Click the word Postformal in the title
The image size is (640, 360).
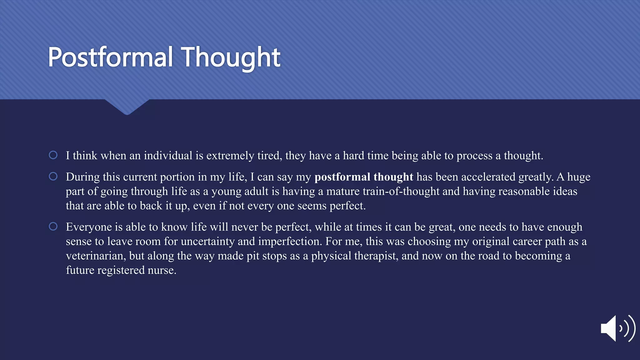coord(110,57)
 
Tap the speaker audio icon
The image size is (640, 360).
coord(617,328)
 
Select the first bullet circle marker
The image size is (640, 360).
coord(53,155)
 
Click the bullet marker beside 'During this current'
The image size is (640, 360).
coord(53,176)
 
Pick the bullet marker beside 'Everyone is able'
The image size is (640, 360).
coord(53,226)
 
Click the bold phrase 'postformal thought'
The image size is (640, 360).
coord(364,177)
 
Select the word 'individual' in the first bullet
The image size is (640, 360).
coord(168,156)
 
